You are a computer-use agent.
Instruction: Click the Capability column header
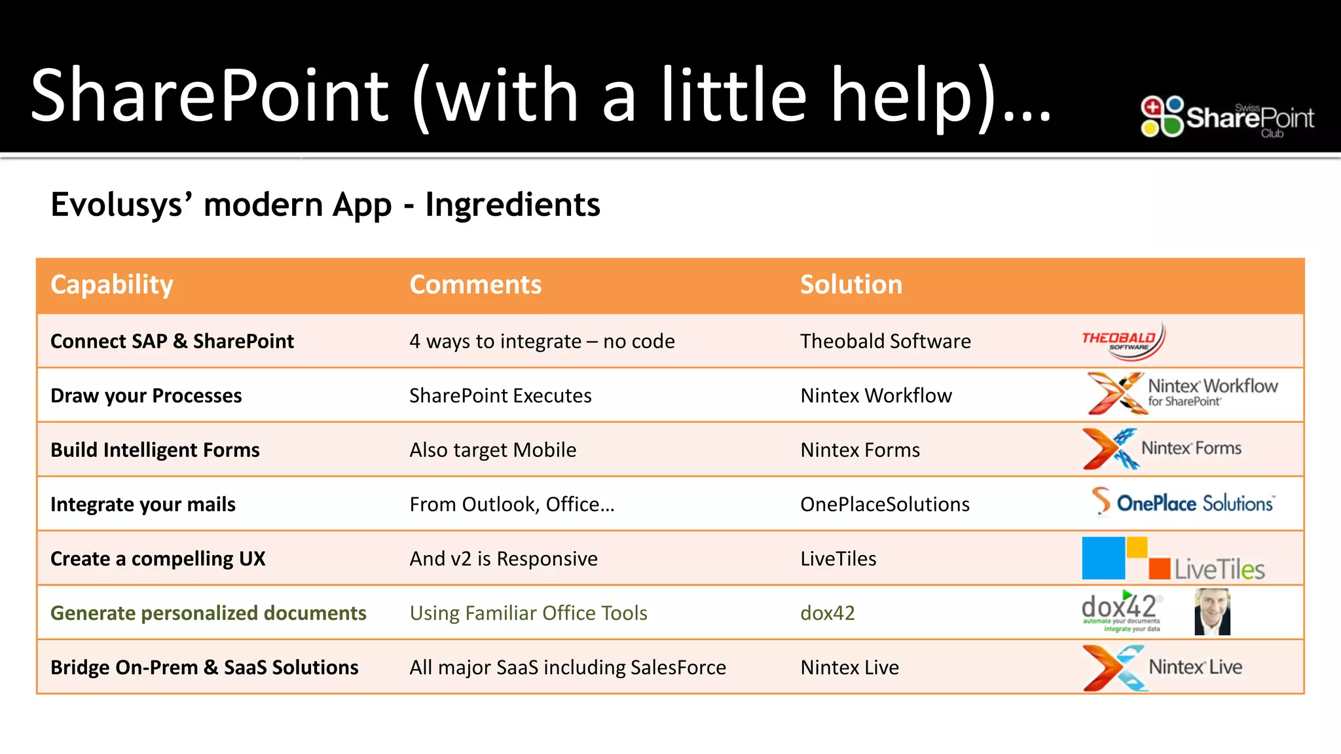(112, 285)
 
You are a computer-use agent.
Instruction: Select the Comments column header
(475, 285)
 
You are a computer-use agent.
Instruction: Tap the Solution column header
(851, 285)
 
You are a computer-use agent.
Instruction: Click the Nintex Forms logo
(1162, 449)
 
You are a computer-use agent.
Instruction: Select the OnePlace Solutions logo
(1183, 503)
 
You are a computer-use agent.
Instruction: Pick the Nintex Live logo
(1162, 668)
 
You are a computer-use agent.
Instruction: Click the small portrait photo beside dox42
(1212, 612)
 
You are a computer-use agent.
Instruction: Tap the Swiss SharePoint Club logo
(1227, 117)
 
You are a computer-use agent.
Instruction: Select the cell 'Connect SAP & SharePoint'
(172, 341)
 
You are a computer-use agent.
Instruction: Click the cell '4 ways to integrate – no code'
(542, 341)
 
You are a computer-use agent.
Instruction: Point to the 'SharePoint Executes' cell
(500, 395)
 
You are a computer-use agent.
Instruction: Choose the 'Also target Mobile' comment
(492, 450)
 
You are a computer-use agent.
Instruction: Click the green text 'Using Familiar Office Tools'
(528, 613)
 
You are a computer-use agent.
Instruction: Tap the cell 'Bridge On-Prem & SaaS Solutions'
(204, 667)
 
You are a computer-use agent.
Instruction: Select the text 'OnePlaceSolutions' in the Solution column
(885, 504)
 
